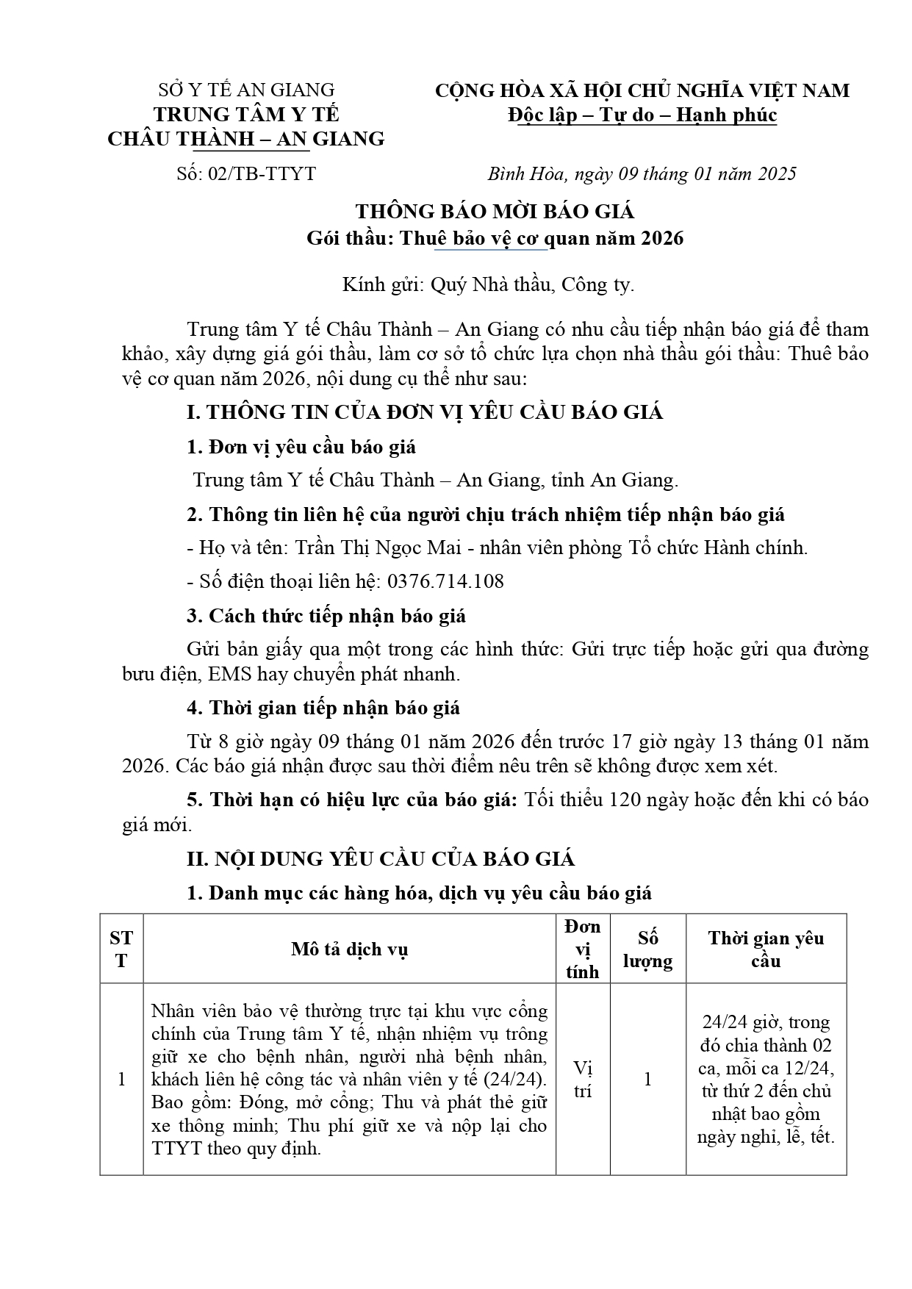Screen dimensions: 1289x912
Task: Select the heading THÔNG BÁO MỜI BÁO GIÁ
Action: pos(495,212)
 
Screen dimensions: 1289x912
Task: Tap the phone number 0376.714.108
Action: pos(445,581)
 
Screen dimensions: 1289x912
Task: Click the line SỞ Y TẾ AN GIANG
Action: pos(246,90)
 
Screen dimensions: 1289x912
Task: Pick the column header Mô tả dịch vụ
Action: pos(349,949)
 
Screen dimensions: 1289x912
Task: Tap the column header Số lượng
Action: pos(647,949)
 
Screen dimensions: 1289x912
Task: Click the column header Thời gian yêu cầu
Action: pos(766,949)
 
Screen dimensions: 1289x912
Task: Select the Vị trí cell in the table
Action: pos(583,1079)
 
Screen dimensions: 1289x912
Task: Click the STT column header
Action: pos(121,949)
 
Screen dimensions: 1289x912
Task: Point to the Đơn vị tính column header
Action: pos(583,949)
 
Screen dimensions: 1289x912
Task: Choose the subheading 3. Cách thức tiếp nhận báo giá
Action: pos(326,616)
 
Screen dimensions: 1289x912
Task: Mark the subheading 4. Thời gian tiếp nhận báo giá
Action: pos(323,708)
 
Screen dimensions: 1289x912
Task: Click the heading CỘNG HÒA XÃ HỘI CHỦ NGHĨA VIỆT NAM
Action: pos(642,90)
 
